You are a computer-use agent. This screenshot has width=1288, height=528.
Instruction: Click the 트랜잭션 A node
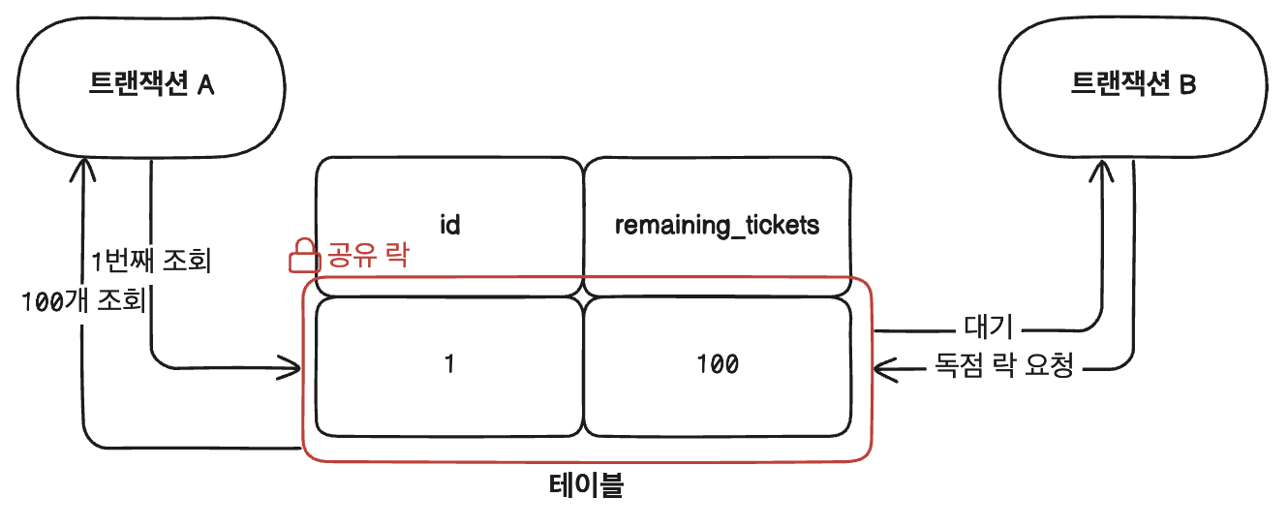151,85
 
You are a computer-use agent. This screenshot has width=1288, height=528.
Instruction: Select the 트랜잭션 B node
1134,85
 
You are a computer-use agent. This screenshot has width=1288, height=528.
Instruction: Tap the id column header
448,225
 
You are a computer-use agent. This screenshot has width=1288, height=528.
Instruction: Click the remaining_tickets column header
717,225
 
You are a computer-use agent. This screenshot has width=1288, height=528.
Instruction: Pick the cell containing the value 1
448,365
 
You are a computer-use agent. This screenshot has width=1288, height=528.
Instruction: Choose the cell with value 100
717,365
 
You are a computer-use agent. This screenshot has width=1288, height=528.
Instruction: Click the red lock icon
304,257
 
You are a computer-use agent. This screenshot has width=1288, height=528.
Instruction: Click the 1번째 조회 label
150,262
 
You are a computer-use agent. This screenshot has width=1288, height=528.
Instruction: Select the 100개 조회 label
83,301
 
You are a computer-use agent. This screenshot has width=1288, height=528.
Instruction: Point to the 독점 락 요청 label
1004,367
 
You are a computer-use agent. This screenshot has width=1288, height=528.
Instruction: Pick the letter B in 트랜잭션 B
1188,85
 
